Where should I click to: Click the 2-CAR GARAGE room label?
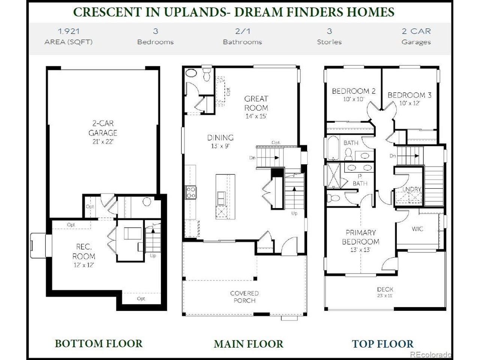click(103, 128)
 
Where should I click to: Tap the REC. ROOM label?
click(84, 251)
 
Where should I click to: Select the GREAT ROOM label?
click(256, 103)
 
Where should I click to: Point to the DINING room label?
click(220, 138)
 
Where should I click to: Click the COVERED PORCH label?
click(244, 297)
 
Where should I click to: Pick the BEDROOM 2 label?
click(354, 91)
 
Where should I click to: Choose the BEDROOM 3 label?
click(409, 95)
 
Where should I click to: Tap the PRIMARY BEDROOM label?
click(361, 237)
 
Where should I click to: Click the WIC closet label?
click(417, 229)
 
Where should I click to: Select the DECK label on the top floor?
click(385, 289)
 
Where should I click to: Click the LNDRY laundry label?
click(412, 189)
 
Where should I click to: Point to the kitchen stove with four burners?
click(191, 192)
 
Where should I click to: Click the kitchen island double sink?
click(221, 198)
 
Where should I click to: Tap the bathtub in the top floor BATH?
click(333, 148)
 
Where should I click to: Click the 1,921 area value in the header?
click(69, 31)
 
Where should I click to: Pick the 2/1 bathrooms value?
click(243, 31)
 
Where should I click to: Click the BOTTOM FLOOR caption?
click(99, 343)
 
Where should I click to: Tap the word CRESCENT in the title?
click(108, 12)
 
